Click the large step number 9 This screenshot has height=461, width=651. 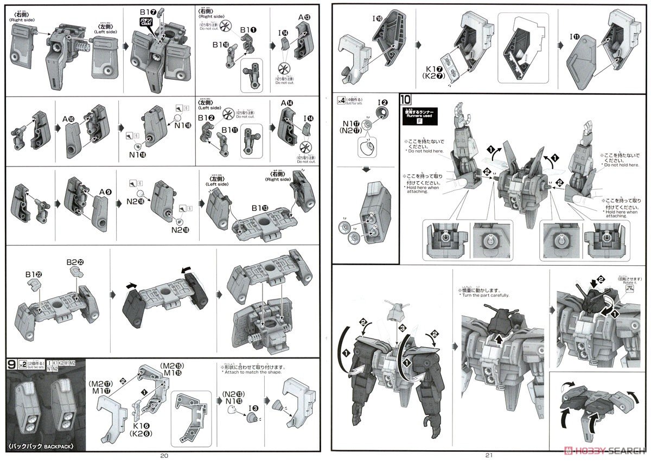(11, 364)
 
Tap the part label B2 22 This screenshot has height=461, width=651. (75, 263)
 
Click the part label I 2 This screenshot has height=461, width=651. (383, 102)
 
